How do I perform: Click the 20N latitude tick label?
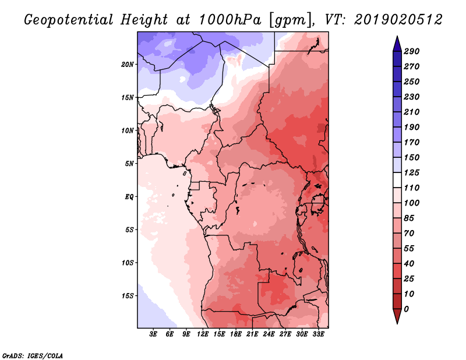[x=128, y=64]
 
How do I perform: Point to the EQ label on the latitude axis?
[x=129, y=196]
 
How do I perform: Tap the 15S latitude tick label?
[x=128, y=295]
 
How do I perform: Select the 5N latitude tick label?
[x=129, y=163]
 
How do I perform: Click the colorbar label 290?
[x=411, y=51]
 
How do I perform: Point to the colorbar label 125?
[x=411, y=172]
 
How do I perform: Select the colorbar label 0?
[x=406, y=309]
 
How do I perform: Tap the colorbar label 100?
[x=411, y=203]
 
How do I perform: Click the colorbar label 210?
[x=411, y=112]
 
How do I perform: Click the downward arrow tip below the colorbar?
[x=397, y=322]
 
